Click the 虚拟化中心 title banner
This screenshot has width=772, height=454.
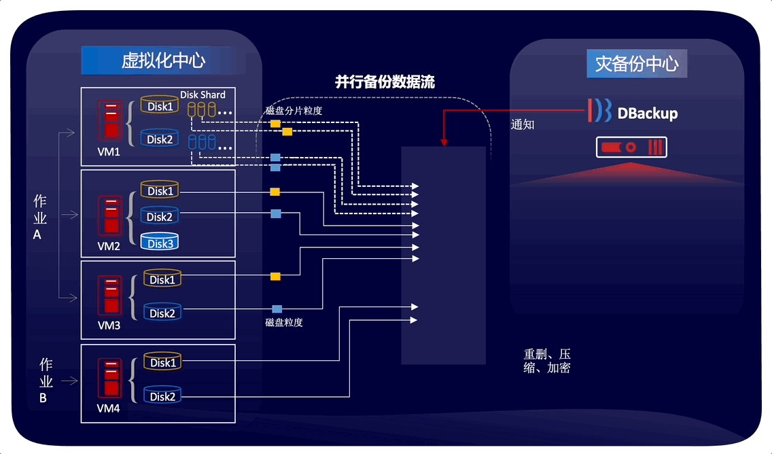(163, 60)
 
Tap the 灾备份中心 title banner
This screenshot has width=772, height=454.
(637, 64)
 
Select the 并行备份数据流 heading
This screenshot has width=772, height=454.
(385, 82)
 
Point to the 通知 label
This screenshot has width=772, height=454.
(523, 125)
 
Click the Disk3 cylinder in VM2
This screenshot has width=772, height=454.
(160, 243)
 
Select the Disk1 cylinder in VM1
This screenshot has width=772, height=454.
(160, 105)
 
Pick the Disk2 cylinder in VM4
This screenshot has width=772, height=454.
(163, 396)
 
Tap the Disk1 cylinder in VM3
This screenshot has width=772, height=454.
(162, 279)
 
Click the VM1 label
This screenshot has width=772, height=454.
(109, 152)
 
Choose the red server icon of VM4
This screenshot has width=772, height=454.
(109, 379)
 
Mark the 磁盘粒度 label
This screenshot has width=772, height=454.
(284, 322)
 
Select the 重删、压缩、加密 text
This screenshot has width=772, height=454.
(547, 361)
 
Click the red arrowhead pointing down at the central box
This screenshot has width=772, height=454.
(444, 143)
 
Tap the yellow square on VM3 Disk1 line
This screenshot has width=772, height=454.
(275, 277)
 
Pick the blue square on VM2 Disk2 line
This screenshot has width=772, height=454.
(276, 214)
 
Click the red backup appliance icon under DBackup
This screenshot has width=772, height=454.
(631, 147)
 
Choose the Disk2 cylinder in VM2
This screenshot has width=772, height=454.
(160, 216)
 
